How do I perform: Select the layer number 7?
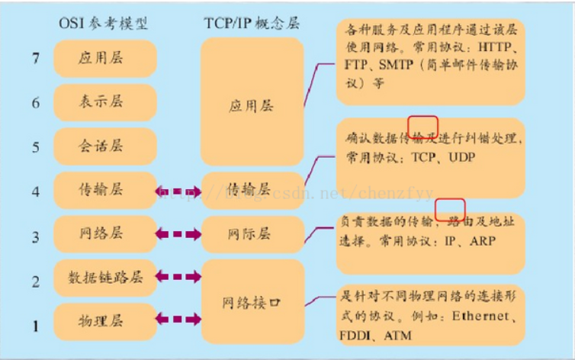[x=35, y=59]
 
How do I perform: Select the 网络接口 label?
[x=252, y=302]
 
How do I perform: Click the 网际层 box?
[x=252, y=233]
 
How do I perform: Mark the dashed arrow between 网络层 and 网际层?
[x=178, y=233]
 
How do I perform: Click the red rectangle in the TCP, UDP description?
[x=422, y=126]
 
